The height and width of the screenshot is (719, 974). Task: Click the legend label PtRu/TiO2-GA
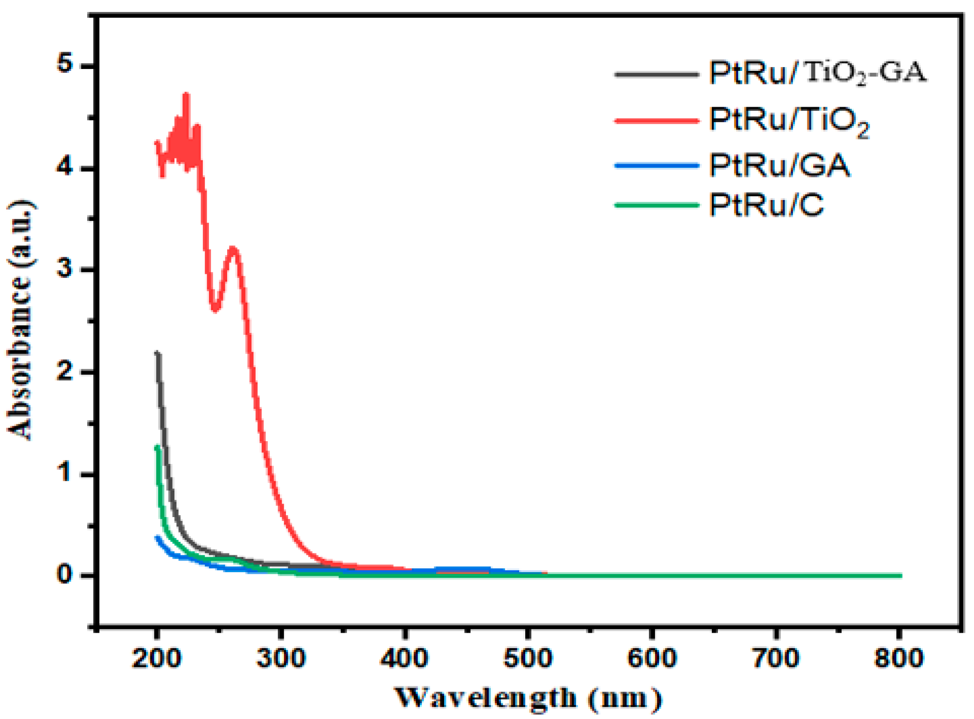(x=817, y=73)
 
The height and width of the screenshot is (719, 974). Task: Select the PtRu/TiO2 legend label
(x=789, y=121)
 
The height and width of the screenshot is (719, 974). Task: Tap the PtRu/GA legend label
(x=779, y=165)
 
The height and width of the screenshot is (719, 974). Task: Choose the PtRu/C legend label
(x=766, y=205)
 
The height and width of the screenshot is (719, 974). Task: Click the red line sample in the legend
(x=657, y=121)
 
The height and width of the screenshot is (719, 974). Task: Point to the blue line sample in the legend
(x=657, y=165)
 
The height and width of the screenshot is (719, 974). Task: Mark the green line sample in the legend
(x=657, y=205)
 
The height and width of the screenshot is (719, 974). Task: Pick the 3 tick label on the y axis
(x=65, y=269)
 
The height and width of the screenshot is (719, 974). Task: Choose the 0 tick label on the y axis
(x=65, y=574)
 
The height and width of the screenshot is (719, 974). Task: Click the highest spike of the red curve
(x=187, y=95)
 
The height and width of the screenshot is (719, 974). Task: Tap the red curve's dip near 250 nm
(x=215, y=310)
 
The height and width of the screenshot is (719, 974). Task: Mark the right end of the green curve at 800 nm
(x=900, y=576)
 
